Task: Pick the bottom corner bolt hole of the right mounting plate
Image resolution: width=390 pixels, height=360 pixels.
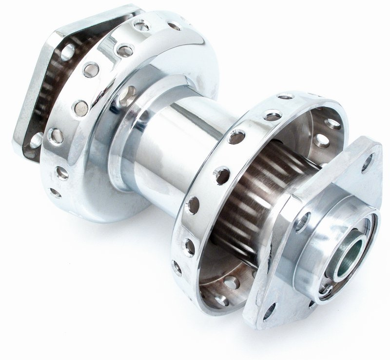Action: click(x=269, y=311)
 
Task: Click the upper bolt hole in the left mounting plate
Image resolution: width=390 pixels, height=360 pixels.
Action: click(x=68, y=52)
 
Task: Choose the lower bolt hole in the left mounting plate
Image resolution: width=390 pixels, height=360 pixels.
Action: click(x=37, y=140)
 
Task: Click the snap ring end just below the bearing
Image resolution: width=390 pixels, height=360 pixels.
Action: click(x=326, y=290)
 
